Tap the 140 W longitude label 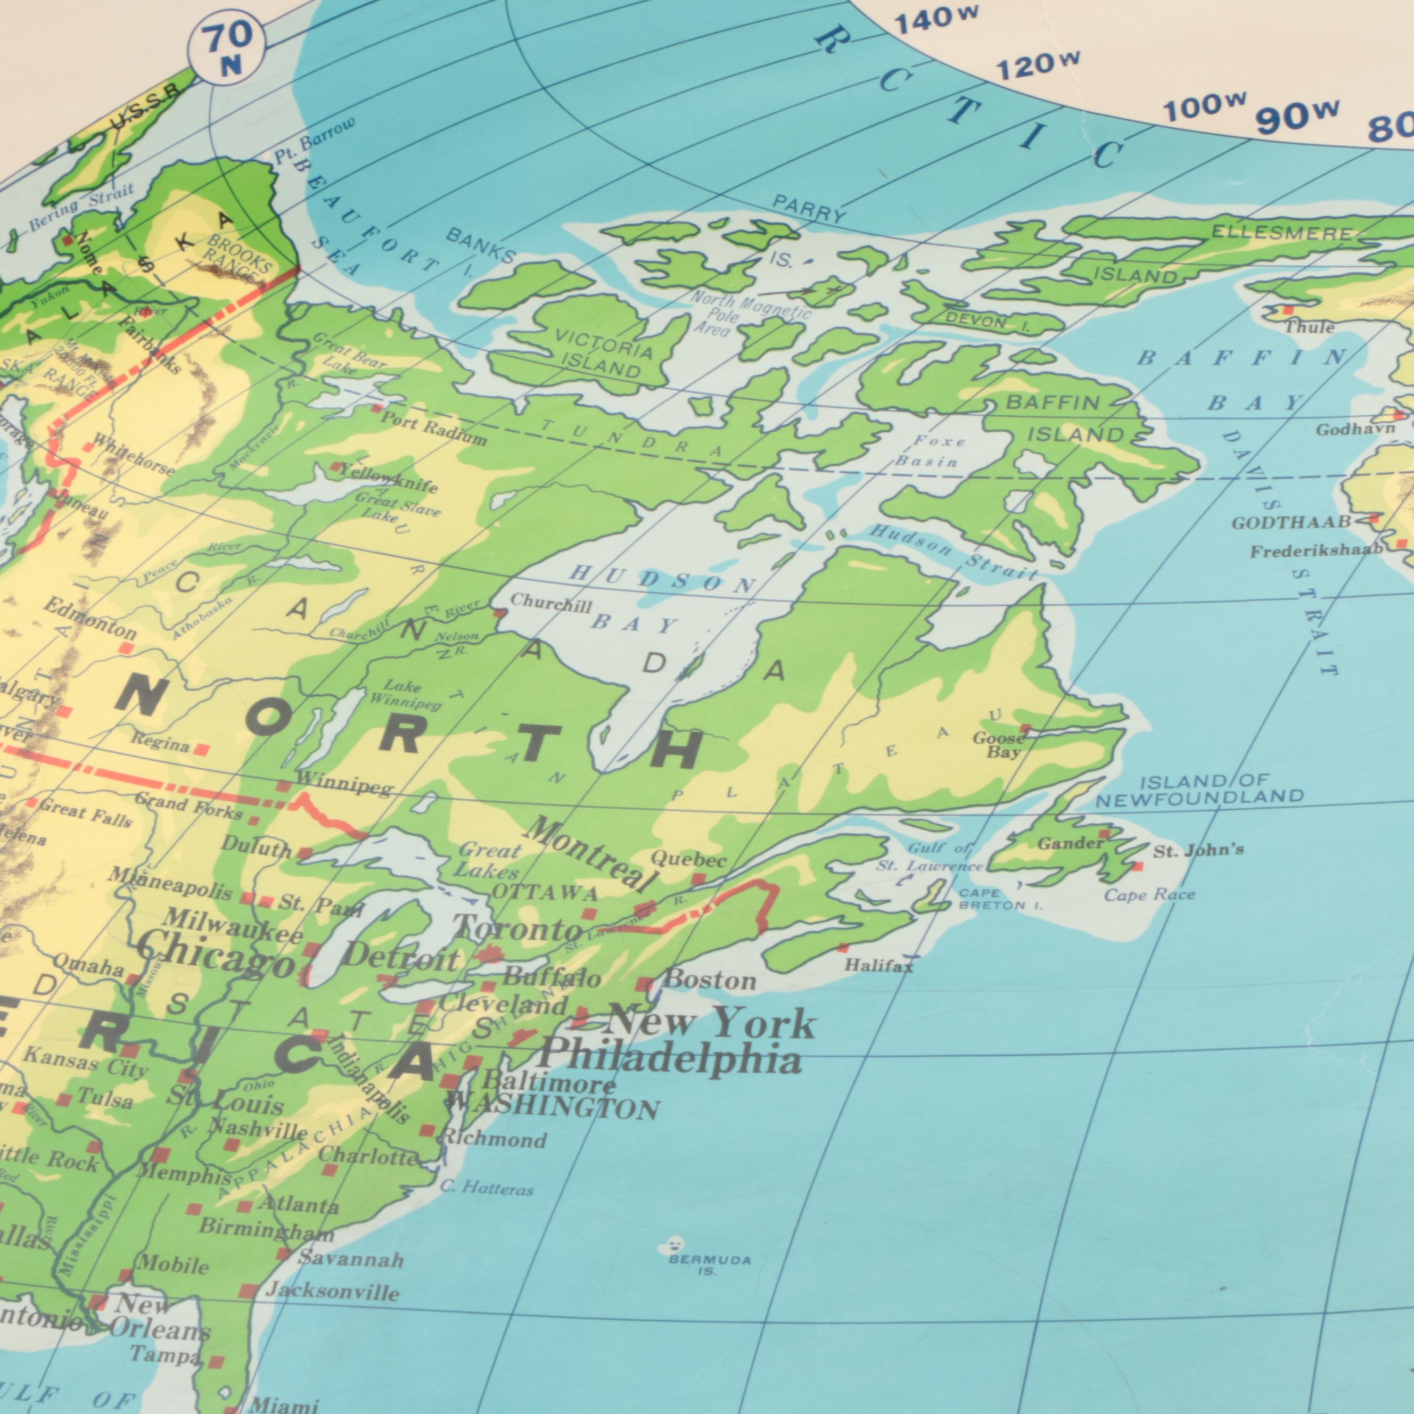(935, 20)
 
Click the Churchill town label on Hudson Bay (550, 604)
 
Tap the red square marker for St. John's (1137, 867)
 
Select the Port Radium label (433, 428)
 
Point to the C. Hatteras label (487, 1189)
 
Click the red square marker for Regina (202, 750)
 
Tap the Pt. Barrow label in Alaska (315, 139)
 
